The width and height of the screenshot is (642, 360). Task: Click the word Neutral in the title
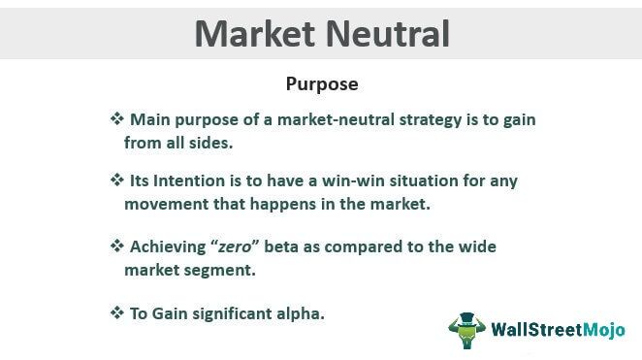click(388, 33)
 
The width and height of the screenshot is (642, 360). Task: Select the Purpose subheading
click(321, 84)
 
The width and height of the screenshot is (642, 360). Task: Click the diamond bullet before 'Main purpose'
click(116, 118)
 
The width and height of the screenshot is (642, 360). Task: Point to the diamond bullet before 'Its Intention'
click(116, 180)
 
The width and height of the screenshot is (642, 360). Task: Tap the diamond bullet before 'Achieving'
click(116, 246)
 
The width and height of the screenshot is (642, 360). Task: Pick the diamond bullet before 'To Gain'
click(116, 312)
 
